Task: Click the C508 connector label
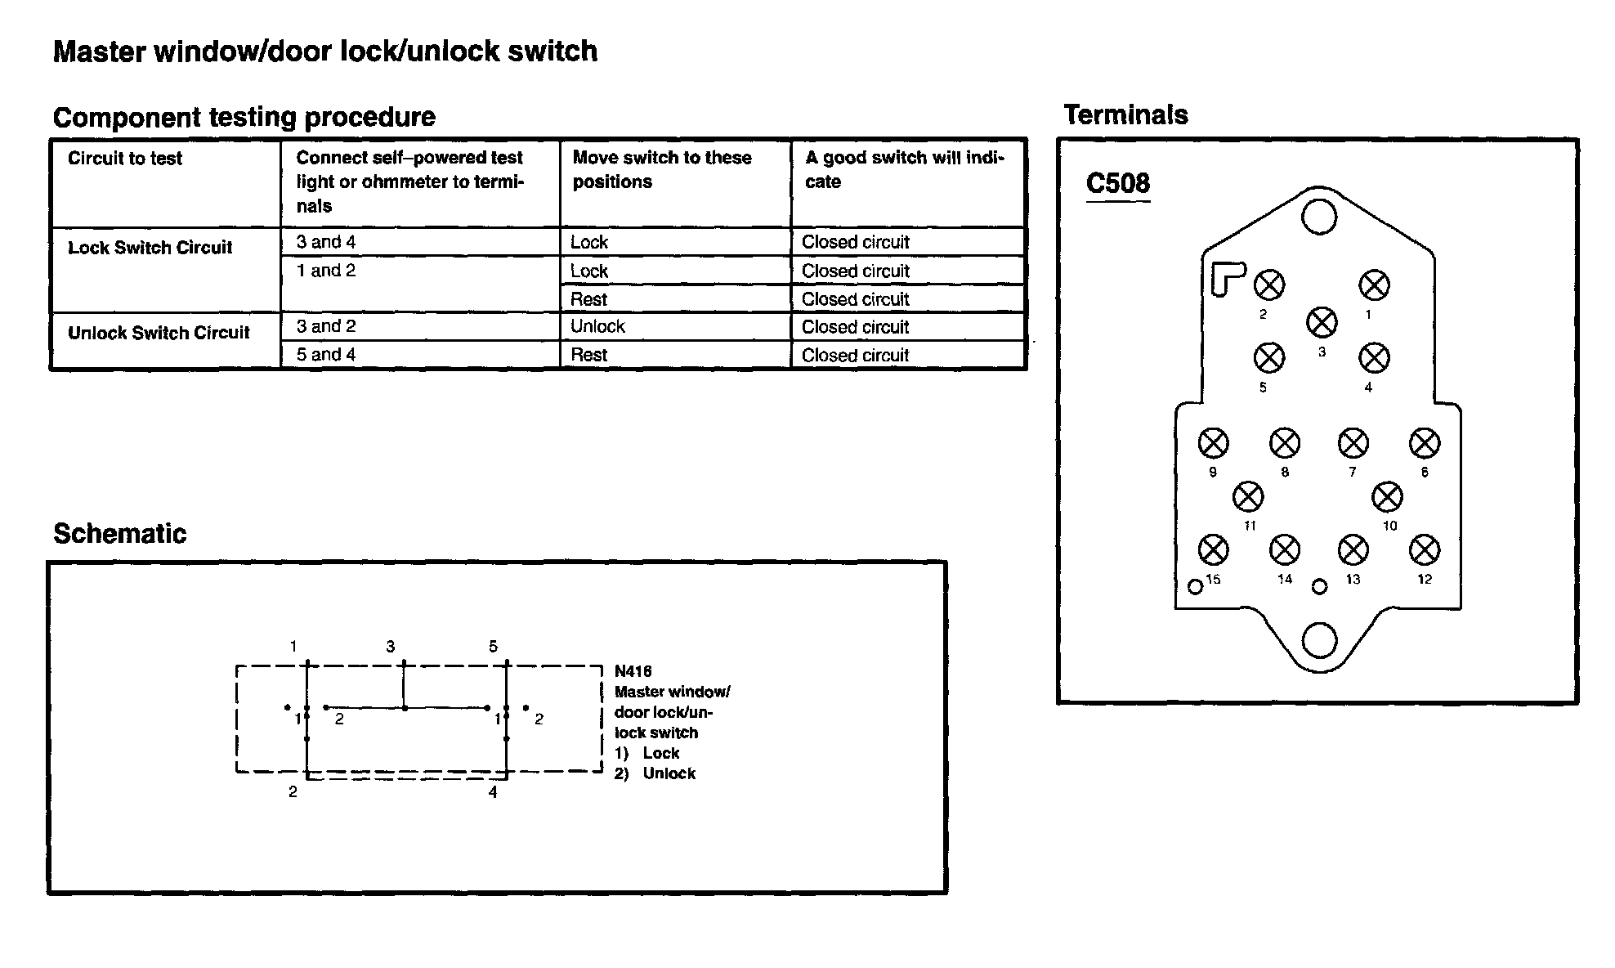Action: click(x=1117, y=183)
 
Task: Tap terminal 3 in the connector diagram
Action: click(x=1322, y=322)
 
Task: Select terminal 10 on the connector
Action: click(x=1387, y=496)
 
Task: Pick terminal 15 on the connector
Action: click(x=1213, y=549)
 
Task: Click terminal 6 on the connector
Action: click(x=1425, y=443)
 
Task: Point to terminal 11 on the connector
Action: click(x=1247, y=496)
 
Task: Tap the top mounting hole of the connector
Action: click(x=1318, y=217)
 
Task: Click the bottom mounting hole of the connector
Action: click(x=1318, y=640)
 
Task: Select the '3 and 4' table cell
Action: click(x=326, y=242)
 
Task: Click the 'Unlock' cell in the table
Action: click(x=597, y=326)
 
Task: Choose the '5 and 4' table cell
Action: click(x=326, y=355)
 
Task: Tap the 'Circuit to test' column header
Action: click(x=125, y=159)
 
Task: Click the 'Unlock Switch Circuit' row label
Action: click(x=159, y=333)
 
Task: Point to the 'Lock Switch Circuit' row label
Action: click(x=150, y=248)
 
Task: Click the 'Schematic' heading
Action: click(x=120, y=534)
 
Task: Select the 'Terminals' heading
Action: click(x=1125, y=115)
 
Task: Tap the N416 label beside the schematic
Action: click(x=633, y=671)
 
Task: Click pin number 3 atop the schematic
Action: click(x=391, y=647)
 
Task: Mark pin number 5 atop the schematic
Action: click(x=493, y=647)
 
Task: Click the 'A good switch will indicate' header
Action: click(x=904, y=169)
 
